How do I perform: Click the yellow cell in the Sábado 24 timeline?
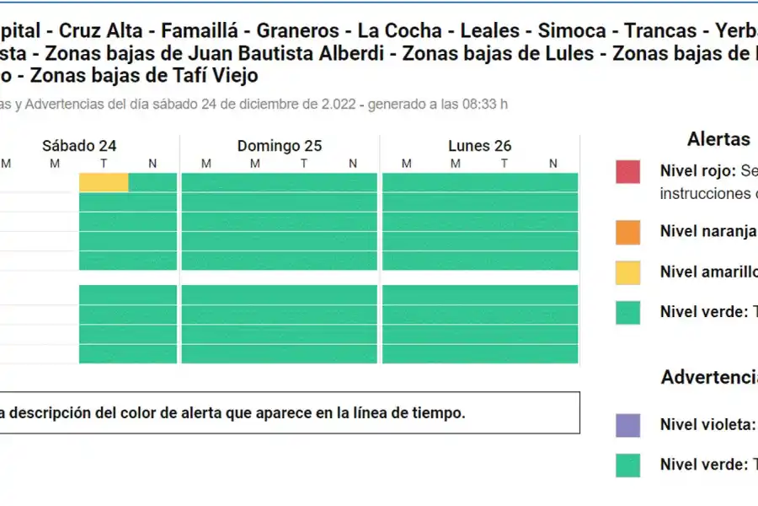pyautogui.click(x=104, y=182)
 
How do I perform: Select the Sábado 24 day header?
pyautogui.click(x=79, y=146)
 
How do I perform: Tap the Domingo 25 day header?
pyautogui.click(x=279, y=146)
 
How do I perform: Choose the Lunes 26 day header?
pyautogui.click(x=479, y=146)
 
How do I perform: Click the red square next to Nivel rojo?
pyautogui.click(x=627, y=172)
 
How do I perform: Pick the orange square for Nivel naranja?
pyautogui.click(x=627, y=232)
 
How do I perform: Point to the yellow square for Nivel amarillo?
pyautogui.click(x=627, y=272)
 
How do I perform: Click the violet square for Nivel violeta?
pyautogui.click(x=627, y=425)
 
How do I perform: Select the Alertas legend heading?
pyautogui.click(x=718, y=139)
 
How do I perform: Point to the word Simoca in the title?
pyautogui.click(x=571, y=31)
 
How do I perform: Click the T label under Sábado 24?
pyautogui.click(x=104, y=164)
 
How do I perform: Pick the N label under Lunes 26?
pyautogui.click(x=552, y=164)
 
